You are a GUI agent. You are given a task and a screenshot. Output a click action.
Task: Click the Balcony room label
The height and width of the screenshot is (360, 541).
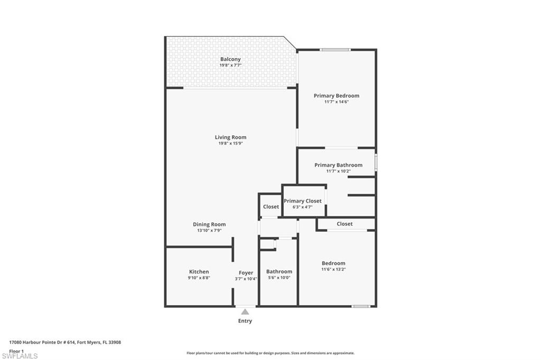click(230, 59)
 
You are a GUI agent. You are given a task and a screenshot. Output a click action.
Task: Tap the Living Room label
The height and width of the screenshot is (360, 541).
click(230, 137)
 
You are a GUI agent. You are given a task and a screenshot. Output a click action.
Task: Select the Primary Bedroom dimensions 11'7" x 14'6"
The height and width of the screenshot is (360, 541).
click(337, 102)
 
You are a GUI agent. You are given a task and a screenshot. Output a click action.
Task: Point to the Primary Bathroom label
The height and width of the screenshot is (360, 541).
click(339, 165)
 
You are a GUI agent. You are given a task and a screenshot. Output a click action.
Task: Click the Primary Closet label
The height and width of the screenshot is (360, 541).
click(303, 201)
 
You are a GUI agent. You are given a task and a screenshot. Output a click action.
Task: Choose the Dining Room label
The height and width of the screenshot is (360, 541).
click(209, 224)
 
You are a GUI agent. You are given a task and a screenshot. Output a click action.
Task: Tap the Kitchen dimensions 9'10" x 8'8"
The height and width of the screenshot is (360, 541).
click(199, 278)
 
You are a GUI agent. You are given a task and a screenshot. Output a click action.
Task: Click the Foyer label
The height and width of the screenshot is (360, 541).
click(246, 273)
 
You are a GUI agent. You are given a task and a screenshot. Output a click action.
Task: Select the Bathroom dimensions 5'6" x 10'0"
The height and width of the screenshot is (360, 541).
click(279, 278)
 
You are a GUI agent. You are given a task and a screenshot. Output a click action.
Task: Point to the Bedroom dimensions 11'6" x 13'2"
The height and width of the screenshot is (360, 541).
click(333, 269)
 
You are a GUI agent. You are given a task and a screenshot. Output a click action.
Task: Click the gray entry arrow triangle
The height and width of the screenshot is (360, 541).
click(245, 312)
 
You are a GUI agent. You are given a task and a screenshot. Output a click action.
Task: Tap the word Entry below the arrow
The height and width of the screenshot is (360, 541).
click(245, 321)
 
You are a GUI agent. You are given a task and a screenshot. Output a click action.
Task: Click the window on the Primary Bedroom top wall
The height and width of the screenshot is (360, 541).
click(335, 50)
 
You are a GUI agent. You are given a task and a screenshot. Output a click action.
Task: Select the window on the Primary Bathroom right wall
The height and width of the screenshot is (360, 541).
click(376, 162)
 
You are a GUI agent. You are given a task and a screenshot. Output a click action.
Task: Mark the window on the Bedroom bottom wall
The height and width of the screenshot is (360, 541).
click(361, 306)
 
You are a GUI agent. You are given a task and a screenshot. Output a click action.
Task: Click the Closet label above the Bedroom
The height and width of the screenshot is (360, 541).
click(344, 224)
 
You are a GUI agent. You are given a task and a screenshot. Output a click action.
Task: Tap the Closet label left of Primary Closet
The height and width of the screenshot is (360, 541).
click(271, 206)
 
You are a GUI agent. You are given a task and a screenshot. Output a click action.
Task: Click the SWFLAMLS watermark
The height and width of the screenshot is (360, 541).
click(20, 356)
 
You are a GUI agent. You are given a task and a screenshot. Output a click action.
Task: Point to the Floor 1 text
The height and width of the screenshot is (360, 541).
click(16, 351)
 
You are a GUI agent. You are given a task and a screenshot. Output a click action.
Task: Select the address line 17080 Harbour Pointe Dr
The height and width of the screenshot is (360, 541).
click(65, 343)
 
